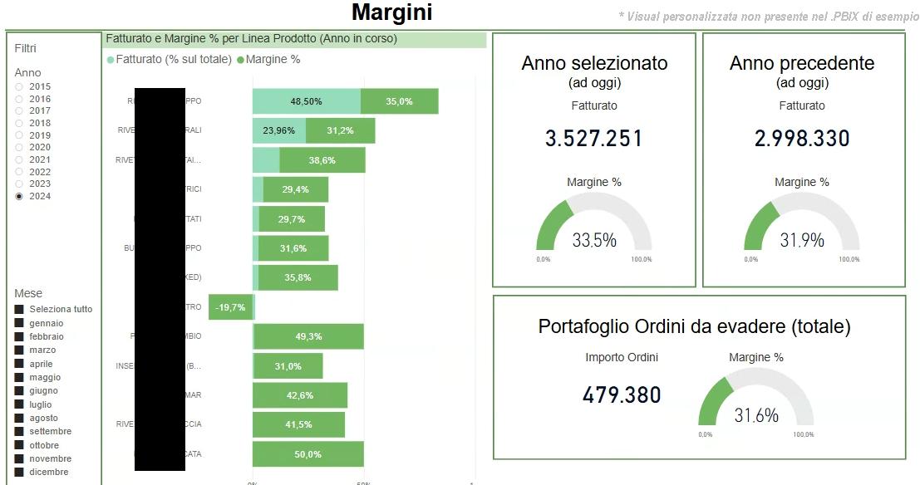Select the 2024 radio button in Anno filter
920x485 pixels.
click(19, 196)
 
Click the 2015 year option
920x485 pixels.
click(19, 86)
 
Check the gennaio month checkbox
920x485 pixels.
click(19, 323)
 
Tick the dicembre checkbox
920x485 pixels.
click(19, 472)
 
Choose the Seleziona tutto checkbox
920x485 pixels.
click(19, 309)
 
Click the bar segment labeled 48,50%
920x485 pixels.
click(306, 101)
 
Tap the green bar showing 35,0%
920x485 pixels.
click(399, 101)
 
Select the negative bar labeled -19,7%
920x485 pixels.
click(230, 307)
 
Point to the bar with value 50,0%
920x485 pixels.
click(308, 454)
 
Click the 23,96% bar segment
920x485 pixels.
click(278, 130)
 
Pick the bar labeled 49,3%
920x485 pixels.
click(308, 336)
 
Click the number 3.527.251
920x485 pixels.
click(593, 139)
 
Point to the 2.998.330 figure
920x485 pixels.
click(802, 139)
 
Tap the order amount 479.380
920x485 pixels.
click(622, 395)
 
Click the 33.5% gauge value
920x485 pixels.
click(593, 240)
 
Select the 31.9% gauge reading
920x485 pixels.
click(802, 240)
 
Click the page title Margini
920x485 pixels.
click(391, 12)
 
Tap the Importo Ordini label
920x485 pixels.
click(622, 358)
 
